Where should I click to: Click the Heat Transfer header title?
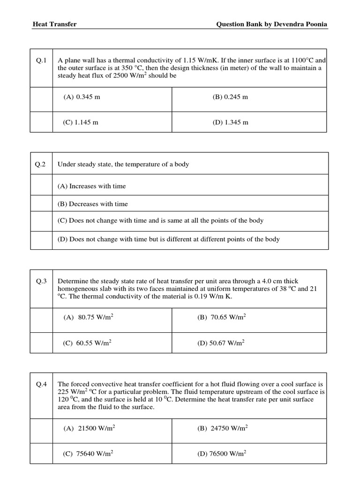click(54, 24)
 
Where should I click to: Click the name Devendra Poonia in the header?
click(300, 24)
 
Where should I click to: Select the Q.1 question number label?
click(42, 60)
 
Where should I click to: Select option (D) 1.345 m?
click(230, 122)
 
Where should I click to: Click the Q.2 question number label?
click(42, 164)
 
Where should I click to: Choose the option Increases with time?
click(92, 186)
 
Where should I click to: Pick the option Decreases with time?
click(93, 204)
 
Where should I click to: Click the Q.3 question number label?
click(42, 281)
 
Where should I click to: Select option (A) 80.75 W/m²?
click(89, 317)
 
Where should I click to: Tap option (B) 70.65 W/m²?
click(222, 317)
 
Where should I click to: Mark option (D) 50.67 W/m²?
click(222, 343)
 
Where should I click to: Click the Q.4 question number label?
click(42, 384)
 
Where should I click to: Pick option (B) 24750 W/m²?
click(223, 428)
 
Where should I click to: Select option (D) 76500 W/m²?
click(223, 454)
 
